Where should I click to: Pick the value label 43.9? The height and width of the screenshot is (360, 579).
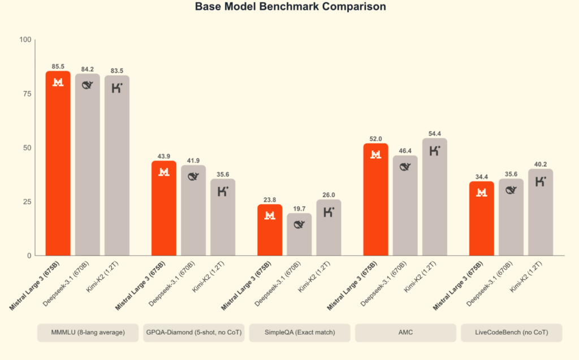[164, 156]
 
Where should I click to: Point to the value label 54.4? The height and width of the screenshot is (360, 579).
[434, 133]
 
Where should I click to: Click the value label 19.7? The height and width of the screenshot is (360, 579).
[299, 209]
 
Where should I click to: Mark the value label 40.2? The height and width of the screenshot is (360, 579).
[541, 164]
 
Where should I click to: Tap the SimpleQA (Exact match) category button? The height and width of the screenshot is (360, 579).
[299, 333]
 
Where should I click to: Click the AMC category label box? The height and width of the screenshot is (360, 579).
[405, 333]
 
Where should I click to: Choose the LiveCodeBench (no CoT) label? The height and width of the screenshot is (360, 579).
[511, 333]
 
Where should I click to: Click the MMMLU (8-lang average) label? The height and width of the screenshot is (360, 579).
[88, 333]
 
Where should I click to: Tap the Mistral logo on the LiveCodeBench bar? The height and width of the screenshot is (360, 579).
[482, 193]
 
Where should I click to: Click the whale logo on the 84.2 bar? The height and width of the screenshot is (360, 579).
[87, 85]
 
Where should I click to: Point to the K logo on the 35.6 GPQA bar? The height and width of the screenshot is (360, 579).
[223, 190]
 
